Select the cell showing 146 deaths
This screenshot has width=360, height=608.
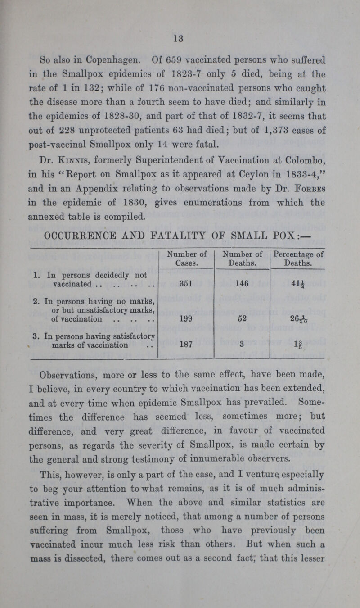[242, 285]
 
